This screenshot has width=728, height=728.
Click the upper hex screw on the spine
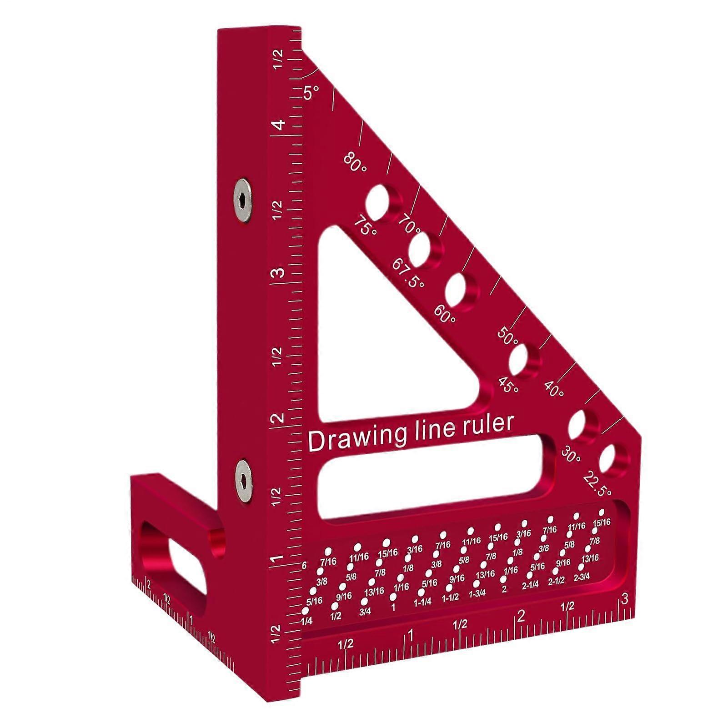click(x=242, y=201)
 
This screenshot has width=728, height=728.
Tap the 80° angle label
click(x=355, y=163)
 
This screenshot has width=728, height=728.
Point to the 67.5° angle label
click(x=408, y=273)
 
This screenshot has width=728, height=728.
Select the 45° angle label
click(x=508, y=385)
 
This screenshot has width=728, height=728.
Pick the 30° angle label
click(x=571, y=454)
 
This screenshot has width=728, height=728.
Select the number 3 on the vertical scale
click(x=278, y=273)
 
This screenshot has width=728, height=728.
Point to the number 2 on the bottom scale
click(x=521, y=616)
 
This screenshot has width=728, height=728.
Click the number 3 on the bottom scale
click(x=624, y=599)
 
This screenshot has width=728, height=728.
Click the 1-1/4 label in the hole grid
click(x=422, y=602)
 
